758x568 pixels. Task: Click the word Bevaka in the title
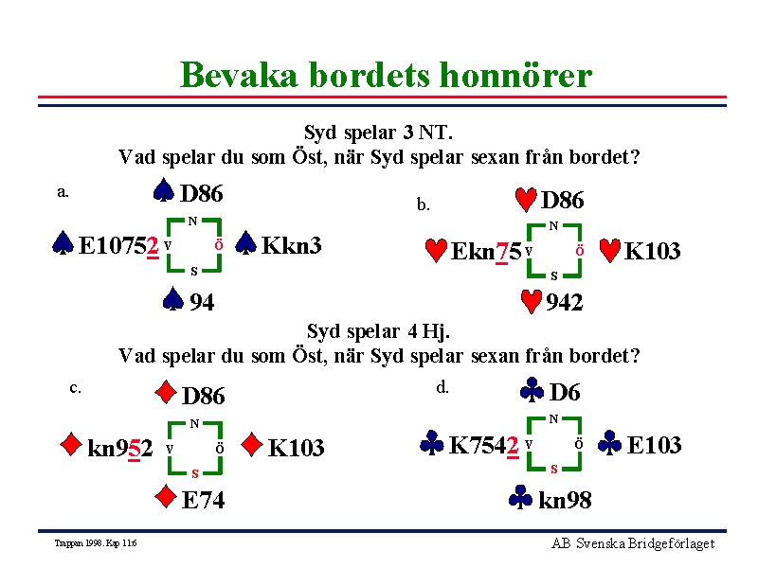tap(239, 76)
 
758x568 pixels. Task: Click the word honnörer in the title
tap(515, 76)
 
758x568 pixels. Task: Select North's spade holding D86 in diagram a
tap(202, 194)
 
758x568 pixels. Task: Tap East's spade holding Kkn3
tap(292, 245)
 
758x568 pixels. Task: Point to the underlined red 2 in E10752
tap(153, 247)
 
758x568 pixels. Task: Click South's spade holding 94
tap(202, 302)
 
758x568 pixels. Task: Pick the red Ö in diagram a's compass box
tap(219, 245)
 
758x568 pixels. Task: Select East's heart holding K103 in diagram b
tap(652, 251)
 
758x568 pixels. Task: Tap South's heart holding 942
tap(564, 303)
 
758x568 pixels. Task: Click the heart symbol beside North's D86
tap(526, 200)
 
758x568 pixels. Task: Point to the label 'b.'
tap(424, 204)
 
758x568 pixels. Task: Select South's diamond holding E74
tap(203, 500)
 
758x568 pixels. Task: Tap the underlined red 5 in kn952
tap(135, 449)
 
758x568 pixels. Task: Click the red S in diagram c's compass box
tap(195, 473)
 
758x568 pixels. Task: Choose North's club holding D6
tap(565, 392)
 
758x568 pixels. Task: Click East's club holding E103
tap(654, 445)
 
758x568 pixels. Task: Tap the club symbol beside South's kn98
tap(520, 498)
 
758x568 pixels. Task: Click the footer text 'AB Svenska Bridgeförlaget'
tap(633, 543)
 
